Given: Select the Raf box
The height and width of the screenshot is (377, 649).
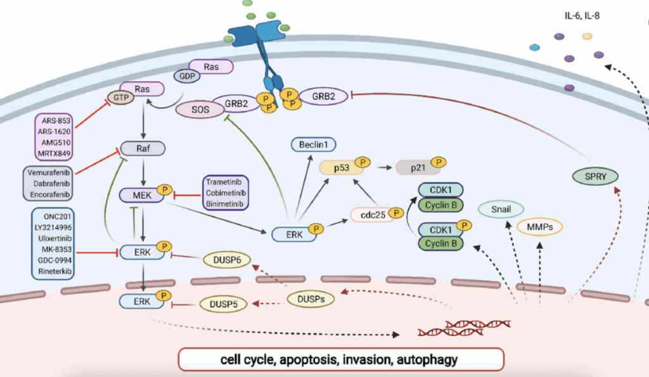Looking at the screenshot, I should pyautogui.click(x=143, y=149).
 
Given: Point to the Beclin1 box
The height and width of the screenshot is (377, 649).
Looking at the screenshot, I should pyautogui.click(x=313, y=145).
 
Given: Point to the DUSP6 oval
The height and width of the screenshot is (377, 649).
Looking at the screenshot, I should pyautogui.click(x=226, y=259).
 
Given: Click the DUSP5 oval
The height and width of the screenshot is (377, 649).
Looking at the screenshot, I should pyautogui.click(x=223, y=305).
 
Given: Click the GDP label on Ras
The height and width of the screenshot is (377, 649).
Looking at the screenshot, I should pyautogui.click(x=187, y=75).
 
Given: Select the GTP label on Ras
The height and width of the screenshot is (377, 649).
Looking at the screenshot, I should pyautogui.click(x=119, y=98).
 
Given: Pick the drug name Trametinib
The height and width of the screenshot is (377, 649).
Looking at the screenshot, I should pyautogui.click(x=225, y=182).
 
